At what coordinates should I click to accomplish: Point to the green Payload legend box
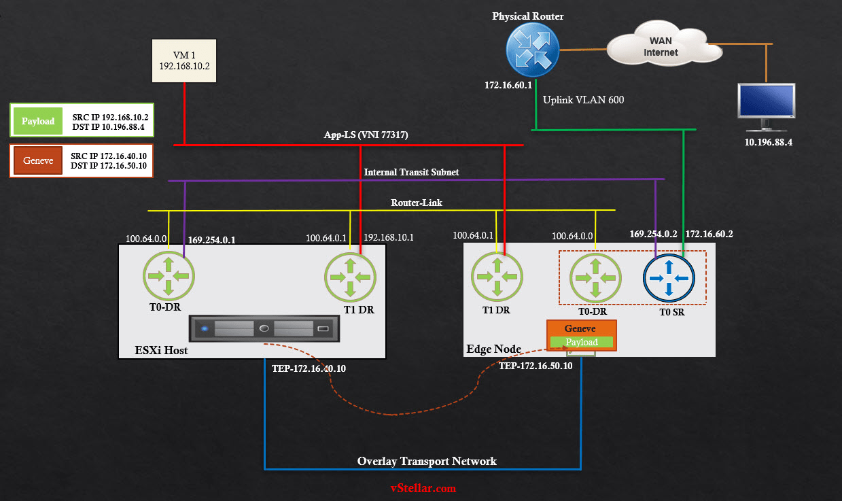tap(37, 121)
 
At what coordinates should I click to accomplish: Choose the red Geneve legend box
tap(37, 161)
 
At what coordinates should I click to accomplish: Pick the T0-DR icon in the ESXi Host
tap(169, 275)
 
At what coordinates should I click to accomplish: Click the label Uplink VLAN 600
tap(583, 100)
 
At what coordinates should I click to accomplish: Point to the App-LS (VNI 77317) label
tap(366, 135)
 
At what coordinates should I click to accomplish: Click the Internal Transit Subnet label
tap(411, 172)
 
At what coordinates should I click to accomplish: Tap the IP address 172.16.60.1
tap(508, 86)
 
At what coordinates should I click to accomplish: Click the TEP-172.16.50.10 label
tap(536, 366)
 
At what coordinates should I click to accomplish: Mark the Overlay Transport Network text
tap(427, 461)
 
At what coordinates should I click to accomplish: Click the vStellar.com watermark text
tap(423, 488)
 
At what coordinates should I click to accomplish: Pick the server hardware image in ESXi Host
tap(265, 329)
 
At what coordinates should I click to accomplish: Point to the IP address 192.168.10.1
tap(389, 238)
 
